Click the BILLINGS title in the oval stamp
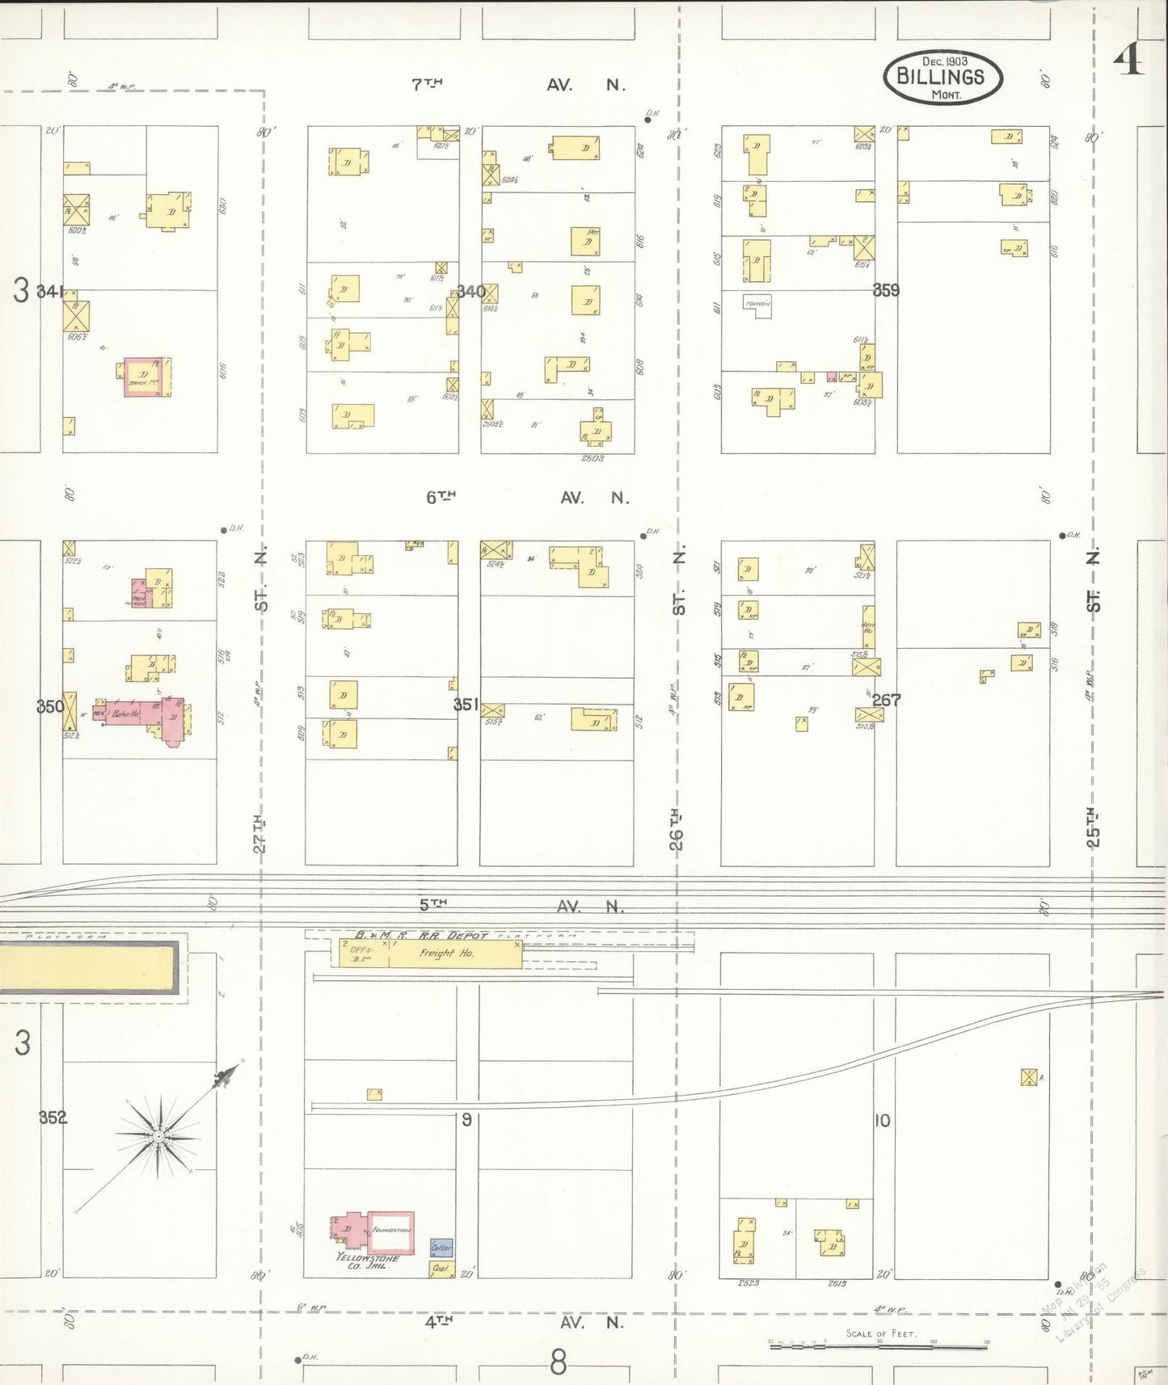pyautogui.click(x=941, y=77)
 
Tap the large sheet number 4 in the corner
pyautogui.click(x=1128, y=58)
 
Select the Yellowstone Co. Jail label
pyautogui.click(x=367, y=1261)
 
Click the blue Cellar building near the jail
pyautogui.click(x=441, y=1248)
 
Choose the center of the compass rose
pyautogui.click(x=159, y=1137)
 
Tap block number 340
pyautogui.click(x=471, y=292)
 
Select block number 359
pyautogui.click(x=886, y=290)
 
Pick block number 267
pyautogui.click(x=886, y=700)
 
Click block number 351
pyautogui.click(x=466, y=705)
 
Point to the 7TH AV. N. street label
pyautogui.click(x=517, y=84)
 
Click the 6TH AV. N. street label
pyautogui.click(x=527, y=498)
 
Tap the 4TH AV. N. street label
pyautogui.click(x=525, y=1323)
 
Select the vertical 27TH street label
pyautogui.click(x=259, y=833)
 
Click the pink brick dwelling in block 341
pyautogui.click(x=145, y=377)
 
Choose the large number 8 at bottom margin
pyautogui.click(x=559, y=1362)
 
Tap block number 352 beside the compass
pyautogui.click(x=53, y=1118)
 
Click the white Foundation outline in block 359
pyautogui.click(x=757, y=305)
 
